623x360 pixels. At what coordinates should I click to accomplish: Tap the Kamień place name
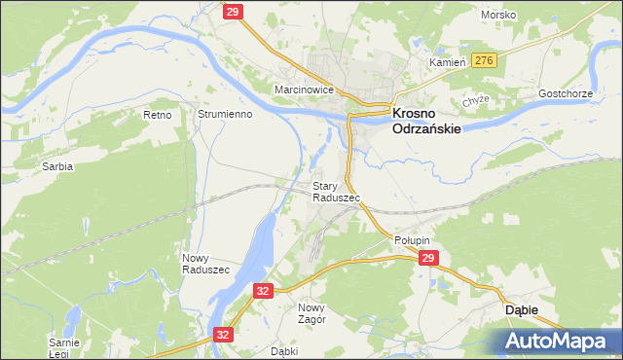tap(450, 61)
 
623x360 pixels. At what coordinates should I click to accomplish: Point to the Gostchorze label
tap(566, 94)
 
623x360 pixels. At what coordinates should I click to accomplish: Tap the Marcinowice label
tap(304, 90)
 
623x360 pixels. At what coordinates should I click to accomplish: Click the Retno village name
tap(157, 115)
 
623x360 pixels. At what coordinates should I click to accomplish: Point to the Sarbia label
tap(56, 166)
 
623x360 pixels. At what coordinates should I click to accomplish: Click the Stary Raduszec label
tap(336, 191)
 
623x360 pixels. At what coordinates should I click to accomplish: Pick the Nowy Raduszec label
tap(205, 263)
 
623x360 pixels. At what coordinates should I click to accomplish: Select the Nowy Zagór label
tap(311, 312)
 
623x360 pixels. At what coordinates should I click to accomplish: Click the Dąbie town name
tap(521, 308)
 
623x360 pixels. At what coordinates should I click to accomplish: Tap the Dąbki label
tap(283, 351)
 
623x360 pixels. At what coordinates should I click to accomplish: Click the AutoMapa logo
tap(556, 341)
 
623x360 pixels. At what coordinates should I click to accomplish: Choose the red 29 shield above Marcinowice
tap(232, 11)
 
